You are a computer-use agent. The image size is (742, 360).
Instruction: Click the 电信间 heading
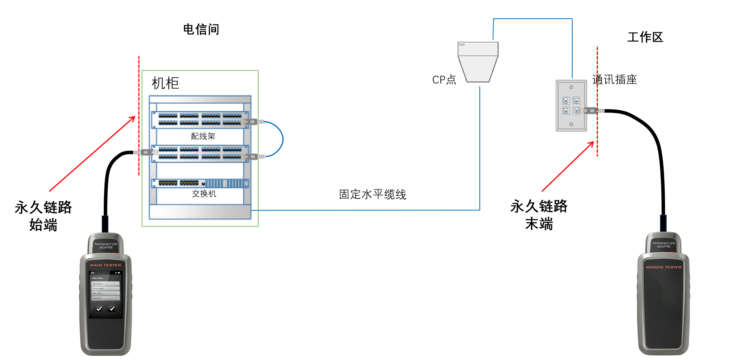pos(201,30)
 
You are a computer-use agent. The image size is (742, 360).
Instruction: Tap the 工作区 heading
pos(645,37)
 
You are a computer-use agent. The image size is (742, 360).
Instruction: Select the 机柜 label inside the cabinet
pos(165,83)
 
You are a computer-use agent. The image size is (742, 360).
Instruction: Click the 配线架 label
pos(203,136)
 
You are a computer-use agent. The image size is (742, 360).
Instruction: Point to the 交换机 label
pos(204,194)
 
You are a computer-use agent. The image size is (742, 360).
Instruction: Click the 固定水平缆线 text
pos(373,195)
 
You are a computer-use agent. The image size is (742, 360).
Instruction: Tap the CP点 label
pos(444,80)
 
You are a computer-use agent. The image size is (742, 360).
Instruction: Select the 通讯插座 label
pos(615,80)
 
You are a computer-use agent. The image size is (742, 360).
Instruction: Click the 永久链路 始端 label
pos(43,216)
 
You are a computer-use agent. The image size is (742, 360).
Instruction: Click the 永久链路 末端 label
pos(539,215)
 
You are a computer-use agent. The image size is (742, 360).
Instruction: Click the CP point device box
pos(478,62)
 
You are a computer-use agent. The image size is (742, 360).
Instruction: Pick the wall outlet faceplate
pos(571,106)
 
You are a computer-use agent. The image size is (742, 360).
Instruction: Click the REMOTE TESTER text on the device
pos(664,267)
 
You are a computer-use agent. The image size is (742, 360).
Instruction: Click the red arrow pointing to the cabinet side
pos(92,154)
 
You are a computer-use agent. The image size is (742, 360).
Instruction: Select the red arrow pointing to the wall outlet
pos(568,167)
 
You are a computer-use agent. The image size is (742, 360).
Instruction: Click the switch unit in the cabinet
pos(200,183)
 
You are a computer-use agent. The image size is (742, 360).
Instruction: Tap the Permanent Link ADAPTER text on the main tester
pos(106,246)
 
